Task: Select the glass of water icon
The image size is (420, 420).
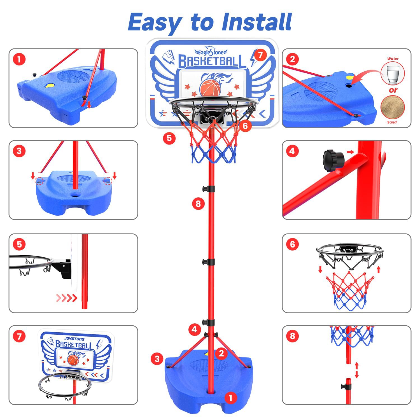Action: click(x=393, y=74)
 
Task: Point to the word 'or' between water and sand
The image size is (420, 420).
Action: click(x=393, y=90)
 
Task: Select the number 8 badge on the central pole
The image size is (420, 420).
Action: click(x=198, y=204)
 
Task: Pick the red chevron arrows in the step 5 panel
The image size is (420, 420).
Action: click(x=67, y=298)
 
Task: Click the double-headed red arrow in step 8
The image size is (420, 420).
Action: click(x=356, y=370)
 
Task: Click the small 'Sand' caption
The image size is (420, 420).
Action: click(x=392, y=122)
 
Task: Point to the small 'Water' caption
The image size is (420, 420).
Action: click(x=393, y=59)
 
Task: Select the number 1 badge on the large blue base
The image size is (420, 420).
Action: click(x=231, y=398)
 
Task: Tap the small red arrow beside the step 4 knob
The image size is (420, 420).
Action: click(x=350, y=152)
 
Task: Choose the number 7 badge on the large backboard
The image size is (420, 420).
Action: click(x=260, y=55)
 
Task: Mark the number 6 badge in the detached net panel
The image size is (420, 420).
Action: click(x=292, y=244)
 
